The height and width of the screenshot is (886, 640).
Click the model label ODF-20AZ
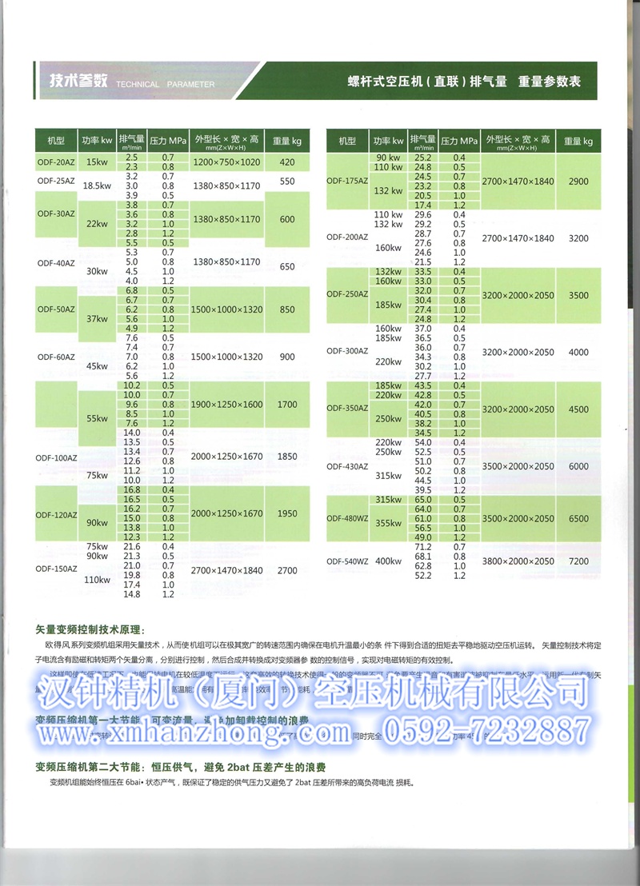point(55,162)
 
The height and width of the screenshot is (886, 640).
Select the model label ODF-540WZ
point(346,561)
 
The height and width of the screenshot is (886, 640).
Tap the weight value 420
point(286,162)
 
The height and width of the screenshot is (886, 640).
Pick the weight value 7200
point(578,561)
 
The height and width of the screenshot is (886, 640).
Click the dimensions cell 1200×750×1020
point(226,162)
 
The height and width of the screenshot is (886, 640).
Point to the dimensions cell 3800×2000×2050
point(518,561)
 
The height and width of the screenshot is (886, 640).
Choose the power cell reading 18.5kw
point(96,186)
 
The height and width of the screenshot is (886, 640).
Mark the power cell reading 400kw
point(388,561)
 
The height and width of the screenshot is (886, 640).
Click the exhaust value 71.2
point(422,547)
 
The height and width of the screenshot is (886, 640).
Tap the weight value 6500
point(578,518)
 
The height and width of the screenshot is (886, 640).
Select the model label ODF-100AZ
point(55,457)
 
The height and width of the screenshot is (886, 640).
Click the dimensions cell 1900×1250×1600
point(226,405)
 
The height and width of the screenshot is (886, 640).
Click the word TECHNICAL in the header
point(138,83)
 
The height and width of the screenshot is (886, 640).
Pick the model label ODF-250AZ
point(346,294)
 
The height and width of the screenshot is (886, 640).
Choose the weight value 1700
point(286,405)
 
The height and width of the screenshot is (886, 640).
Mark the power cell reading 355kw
point(388,523)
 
